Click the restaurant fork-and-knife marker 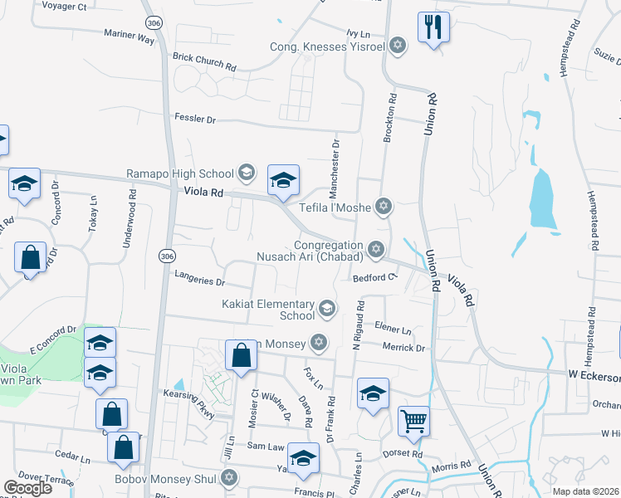433,27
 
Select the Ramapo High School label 180,173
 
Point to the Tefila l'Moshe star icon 383,205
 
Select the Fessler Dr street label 194,120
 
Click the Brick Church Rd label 204,57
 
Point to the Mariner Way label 130,38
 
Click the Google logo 27,488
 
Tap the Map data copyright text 585,491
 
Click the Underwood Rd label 130,216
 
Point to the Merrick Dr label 403,348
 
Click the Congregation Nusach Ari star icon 376,248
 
